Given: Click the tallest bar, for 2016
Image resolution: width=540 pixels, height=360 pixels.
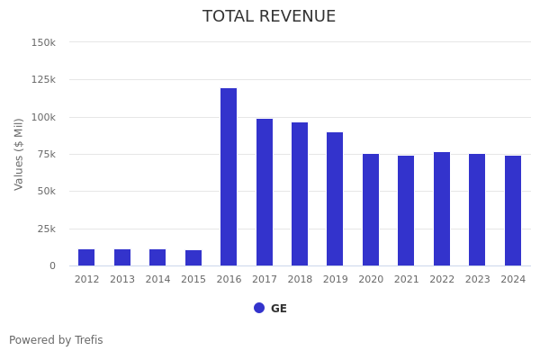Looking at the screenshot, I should pos(229,176).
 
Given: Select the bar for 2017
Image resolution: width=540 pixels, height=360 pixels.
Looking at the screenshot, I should pos(265,192).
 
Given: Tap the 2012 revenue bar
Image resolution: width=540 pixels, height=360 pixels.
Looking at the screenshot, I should pos(86,257).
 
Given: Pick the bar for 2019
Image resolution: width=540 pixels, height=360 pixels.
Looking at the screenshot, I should pos(335,199).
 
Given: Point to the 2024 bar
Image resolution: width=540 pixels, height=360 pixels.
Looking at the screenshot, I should pos(513,211).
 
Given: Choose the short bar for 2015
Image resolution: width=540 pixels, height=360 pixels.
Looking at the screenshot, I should pos(193,258).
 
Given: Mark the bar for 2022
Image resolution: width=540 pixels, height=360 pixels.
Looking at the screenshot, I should pos(442,209).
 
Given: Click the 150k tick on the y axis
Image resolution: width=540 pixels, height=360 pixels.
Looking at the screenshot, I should pos(43,42).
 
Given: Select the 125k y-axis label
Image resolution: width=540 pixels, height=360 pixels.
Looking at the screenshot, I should pos(43,80).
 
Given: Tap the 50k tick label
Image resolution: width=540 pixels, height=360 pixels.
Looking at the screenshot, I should pos(46,192).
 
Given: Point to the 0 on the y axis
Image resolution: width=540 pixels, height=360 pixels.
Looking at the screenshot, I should pos(52,266).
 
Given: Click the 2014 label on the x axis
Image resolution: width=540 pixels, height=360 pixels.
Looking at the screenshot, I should pos(157,280).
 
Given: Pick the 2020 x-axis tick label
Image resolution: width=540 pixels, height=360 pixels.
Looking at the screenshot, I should pos(371,280).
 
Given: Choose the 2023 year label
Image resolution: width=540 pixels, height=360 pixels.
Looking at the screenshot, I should pos(478,280).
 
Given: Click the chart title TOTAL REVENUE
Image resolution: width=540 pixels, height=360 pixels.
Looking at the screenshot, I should pos(269,17).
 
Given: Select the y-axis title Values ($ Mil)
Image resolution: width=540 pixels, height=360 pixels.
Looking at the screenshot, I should pos(20,154).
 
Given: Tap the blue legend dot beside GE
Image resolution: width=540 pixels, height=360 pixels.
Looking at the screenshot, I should pos(259,308).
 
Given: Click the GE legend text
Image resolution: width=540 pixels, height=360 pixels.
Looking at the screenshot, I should pos(279,309).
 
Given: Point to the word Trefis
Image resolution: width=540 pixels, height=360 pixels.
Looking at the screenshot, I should pos(88,340).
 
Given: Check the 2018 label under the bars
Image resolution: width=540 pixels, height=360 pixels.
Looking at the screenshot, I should pos(300,280).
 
